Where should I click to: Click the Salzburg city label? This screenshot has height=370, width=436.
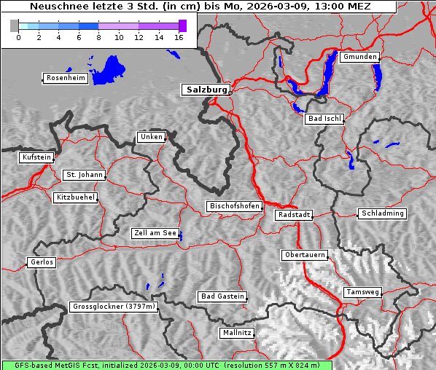point(206,90)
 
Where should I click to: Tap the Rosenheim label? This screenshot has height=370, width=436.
point(64,78)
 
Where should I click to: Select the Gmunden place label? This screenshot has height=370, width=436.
point(359,57)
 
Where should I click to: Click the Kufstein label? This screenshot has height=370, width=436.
point(36,157)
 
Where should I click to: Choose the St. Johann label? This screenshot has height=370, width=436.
point(85,175)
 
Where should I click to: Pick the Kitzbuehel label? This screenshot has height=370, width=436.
point(75,197)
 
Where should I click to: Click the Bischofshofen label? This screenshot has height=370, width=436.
point(234,207)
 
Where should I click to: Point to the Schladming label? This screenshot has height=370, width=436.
point(381,213)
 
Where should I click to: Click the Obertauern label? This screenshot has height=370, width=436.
point(305,255)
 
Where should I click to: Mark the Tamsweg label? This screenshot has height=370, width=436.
point(362,292)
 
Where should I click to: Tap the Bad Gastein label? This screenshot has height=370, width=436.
point(222,296)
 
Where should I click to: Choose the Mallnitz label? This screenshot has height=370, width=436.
point(237,333)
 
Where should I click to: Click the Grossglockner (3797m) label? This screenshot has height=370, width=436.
point(114,307)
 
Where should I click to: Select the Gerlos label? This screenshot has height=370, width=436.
point(42,262)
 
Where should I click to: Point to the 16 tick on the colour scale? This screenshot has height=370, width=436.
point(179,37)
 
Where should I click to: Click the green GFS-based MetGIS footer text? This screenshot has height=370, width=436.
point(166,365)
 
